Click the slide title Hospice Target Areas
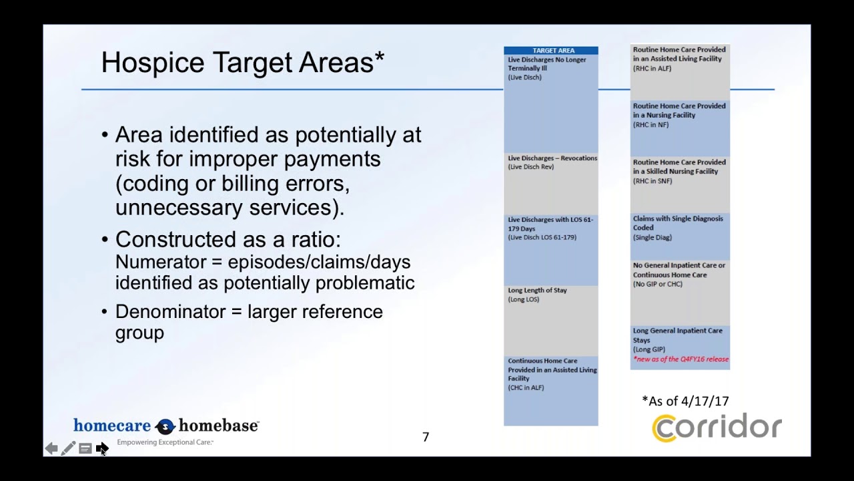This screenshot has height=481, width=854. pyautogui.click(x=242, y=63)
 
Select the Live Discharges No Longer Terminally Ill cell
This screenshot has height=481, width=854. pyautogui.click(x=547, y=64)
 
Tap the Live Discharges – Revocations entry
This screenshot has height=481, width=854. pyautogui.click(x=552, y=158)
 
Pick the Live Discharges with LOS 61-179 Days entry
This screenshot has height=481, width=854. pyautogui.click(x=550, y=224)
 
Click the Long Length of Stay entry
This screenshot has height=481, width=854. pyautogui.click(x=537, y=291)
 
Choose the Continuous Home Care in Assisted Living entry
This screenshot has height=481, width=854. pyautogui.click(x=552, y=369)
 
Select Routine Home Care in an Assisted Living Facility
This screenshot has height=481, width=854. pyautogui.click(x=679, y=54)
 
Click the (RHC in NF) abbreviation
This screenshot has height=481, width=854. pyautogui.click(x=651, y=125)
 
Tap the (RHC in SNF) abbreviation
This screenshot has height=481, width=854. pyautogui.click(x=653, y=181)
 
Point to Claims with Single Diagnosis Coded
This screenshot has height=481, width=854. pyautogui.click(x=677, y=223)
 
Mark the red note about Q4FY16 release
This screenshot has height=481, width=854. pyautogui.click(x=681, y=359)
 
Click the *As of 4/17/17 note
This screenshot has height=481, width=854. pyautogui.click(x=685, y=401)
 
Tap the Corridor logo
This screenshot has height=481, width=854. pyautogui.click(x=717, y=428)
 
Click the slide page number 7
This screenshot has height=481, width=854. pyautogui.click(x=426, y=437)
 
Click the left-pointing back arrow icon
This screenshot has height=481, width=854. pyautogui.click(x=51, y=449)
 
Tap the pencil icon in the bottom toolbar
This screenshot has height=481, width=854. pyautogui.click(x=68, y=449)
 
